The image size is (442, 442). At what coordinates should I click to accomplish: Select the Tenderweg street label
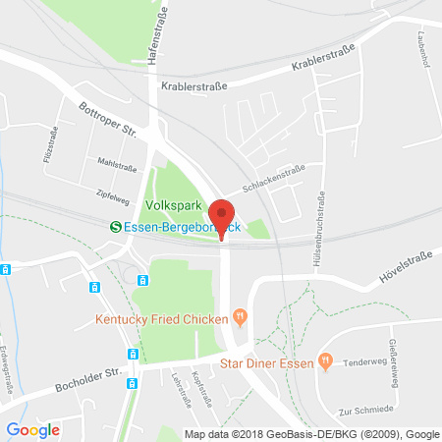point(363,362)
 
